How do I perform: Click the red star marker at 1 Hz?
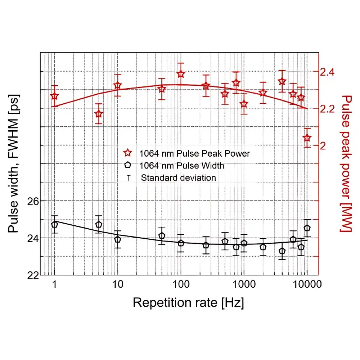pos(54,96)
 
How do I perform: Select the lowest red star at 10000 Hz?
pos(307,138)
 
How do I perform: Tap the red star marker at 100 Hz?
pos(181,74)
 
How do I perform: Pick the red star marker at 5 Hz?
pos(99,114)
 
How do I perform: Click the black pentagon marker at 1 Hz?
pos(54,224)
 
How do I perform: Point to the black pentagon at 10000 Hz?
pos(307,228)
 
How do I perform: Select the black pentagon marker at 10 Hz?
pos(118,239)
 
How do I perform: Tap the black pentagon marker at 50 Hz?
pos(162,236)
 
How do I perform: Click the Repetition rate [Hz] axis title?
pos(188,302)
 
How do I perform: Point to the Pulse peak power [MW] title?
pos(346,164)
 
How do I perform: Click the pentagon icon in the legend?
pos(127,166)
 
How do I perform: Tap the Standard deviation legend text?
pos(179,178)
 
